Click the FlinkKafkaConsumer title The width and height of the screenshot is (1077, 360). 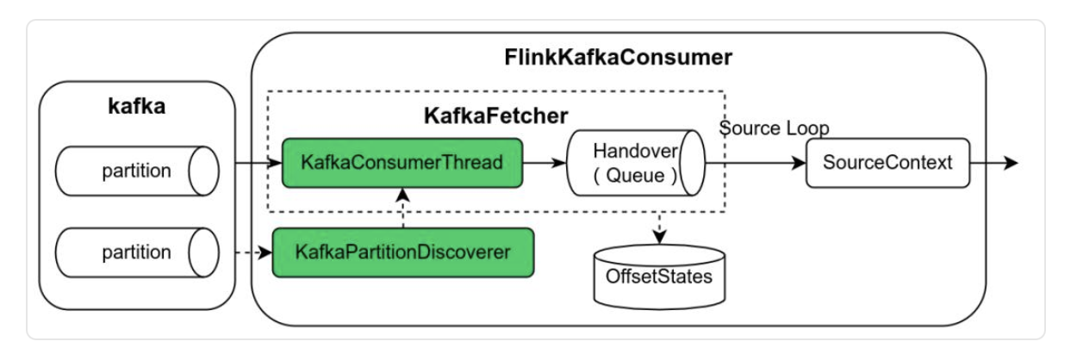coord(618,58)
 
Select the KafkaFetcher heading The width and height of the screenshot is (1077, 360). coord(496,115)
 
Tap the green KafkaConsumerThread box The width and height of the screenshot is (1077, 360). coord(402,162)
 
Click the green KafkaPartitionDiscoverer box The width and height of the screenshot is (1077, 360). coord(402,253)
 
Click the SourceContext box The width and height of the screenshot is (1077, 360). coord(887,162)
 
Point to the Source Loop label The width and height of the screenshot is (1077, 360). coord(775,128)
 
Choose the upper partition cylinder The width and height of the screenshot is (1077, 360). coord(137,171)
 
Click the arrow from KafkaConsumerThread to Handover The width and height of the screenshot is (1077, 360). coord(545,162)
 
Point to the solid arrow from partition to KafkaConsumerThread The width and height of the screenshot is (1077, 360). coord(252,162)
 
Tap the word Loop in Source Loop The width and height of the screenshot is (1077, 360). coord(810,128)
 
